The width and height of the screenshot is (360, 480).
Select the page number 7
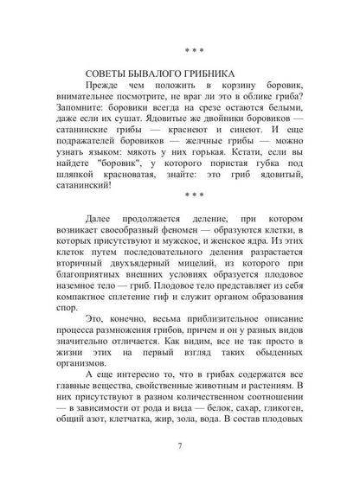(180, 446)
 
